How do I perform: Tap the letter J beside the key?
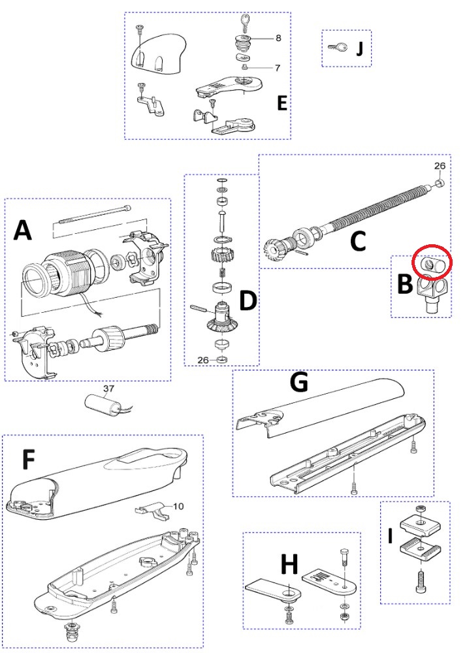(359, 49)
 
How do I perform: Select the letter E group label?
(282, 103)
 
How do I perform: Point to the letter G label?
(299, 383)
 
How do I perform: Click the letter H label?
(289, 562)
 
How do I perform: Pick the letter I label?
(390, 536)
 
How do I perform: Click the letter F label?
(29, 460)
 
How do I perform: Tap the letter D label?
(248, 300)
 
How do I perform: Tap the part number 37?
(109, 389)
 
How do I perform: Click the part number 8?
(278, 39)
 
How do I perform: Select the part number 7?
(278, 68)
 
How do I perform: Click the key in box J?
(338, 47)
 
